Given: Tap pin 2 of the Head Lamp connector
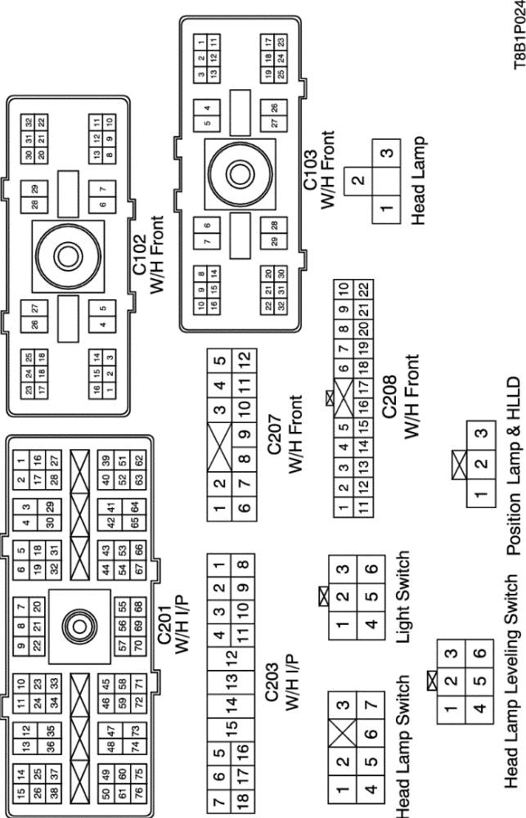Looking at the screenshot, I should click(357, 180).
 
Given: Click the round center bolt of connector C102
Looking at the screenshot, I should click(61, 251).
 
